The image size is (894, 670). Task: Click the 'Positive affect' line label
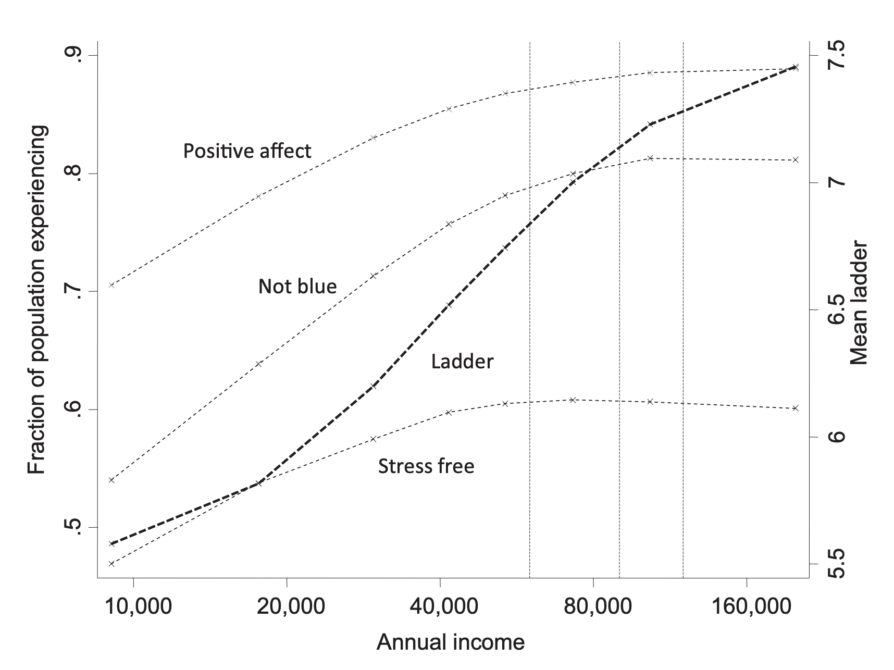pos(247,151)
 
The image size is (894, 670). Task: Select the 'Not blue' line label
pos(297,286)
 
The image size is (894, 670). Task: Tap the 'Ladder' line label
pos(462,362)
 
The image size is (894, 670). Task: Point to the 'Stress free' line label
pos(426,466)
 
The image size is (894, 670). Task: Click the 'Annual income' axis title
pos(450,642)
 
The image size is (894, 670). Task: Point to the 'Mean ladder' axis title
pos(860,303)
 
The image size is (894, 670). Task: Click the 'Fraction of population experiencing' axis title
pos(37,300)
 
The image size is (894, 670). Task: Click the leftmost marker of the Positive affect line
pos(111,285)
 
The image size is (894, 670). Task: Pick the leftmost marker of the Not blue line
pos(111,480)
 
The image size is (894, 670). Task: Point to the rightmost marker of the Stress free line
pos(796,408)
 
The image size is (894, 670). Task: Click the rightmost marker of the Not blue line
pos(796,159)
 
